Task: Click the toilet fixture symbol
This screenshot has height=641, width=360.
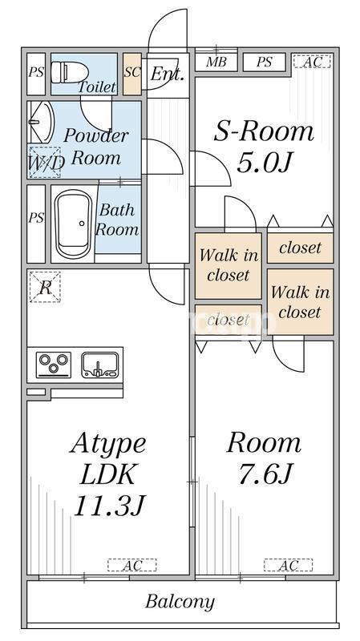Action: [x=70, y=72]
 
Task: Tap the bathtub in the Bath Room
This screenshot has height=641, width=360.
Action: [x=74, y=224]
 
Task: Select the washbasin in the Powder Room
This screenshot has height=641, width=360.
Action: [x=41, y=122]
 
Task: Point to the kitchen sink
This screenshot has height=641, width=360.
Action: [x=99, y=365]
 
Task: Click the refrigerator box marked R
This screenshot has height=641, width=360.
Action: [x=45, y=288]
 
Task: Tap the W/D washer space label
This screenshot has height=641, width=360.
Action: [x=46, y=163]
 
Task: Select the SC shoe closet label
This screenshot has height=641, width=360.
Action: [x=132, y=72]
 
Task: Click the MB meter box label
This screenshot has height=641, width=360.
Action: [x=216, y=62]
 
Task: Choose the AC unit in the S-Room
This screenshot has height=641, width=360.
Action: [x=312, y=62]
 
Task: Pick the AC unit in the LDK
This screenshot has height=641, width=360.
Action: [x=132, y=566]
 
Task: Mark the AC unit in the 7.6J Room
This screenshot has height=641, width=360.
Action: [x=289, y=566]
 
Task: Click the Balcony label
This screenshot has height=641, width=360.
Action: [x=180, y=602]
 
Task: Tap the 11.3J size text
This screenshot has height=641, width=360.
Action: [x=110, y=506]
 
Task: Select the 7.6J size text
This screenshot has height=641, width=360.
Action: [x=265, y=474]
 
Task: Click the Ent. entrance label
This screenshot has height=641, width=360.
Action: [x=168, y=74]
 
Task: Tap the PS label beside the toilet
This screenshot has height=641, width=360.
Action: [x=36, y=72]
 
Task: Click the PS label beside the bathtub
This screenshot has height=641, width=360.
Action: [x=36, y=218]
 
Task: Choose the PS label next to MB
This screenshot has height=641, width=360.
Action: [x=265, y=62]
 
